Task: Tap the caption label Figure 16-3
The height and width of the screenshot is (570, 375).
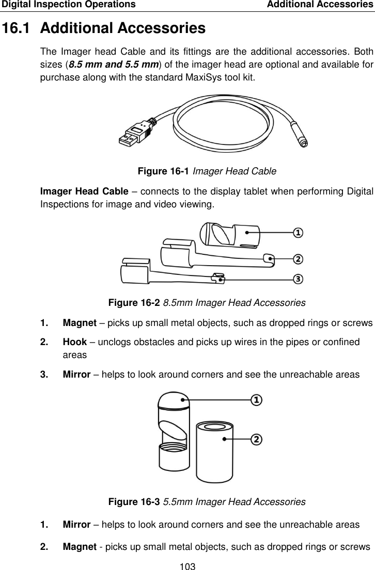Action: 134,501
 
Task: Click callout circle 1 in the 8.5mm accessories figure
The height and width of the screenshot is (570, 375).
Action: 298,233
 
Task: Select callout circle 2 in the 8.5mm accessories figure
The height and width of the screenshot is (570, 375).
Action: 298,258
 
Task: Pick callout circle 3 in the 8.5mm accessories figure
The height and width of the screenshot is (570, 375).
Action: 298,279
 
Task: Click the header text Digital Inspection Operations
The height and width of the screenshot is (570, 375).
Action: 68,5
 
